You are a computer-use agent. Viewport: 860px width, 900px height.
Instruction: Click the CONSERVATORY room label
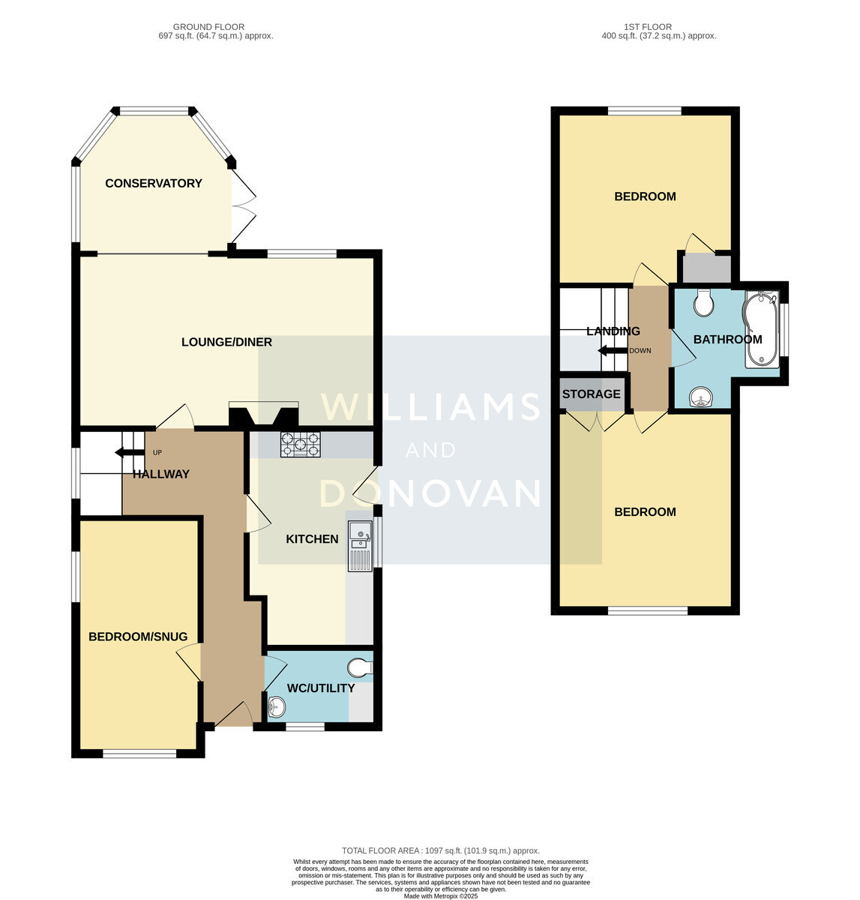click(x=154, y=183)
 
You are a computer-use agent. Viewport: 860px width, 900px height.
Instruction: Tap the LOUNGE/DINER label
click(x=226, y=342)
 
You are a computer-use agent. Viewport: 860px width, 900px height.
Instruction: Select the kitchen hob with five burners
click(x=300, y=445)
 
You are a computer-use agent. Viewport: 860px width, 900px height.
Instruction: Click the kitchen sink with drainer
click(x=360, y=546)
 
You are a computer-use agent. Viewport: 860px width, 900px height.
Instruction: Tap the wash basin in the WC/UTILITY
click(x=277, y=706)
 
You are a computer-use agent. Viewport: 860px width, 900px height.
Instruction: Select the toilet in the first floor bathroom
click(x=704, y=303)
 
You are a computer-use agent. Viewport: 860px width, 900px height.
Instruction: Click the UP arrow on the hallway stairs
click(x=130, y=452)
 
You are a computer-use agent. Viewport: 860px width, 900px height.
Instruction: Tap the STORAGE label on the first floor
click(x=591, y=394)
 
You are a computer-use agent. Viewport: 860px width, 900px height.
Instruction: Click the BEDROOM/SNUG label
click(x=138, y=637)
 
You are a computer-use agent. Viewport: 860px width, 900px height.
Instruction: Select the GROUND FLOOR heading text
click(x=208, y=27)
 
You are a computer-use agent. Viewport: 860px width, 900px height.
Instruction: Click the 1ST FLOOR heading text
click(x=647, y=27)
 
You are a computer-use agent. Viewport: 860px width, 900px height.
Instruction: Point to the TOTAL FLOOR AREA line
click(x=441, y=850)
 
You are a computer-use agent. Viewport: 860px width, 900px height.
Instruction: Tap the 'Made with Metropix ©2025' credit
click(x=441, y=895)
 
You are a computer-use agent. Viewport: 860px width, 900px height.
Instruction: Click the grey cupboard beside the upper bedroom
click(x=707, y=268)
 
